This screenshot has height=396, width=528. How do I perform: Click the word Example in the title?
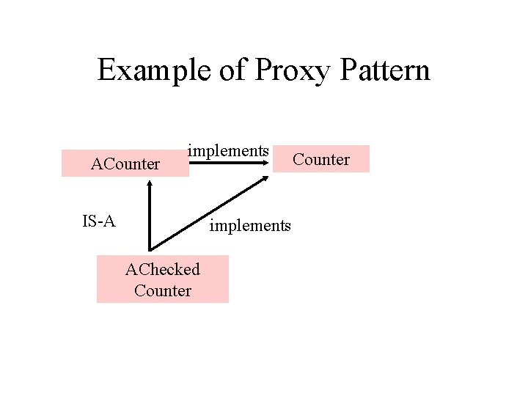point(151,71)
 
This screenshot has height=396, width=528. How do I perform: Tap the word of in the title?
point(230,71)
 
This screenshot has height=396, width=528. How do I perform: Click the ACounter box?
point(125,164)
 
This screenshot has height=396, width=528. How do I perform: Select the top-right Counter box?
point(321,159)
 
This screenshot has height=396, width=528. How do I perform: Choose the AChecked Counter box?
point(162,279)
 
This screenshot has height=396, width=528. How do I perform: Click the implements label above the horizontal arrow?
point(228,150)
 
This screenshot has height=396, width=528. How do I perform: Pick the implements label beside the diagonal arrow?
point(250,225)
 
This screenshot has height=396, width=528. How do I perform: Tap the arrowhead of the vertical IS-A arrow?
point(150,183)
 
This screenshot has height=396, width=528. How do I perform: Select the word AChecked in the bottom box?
point(162,269)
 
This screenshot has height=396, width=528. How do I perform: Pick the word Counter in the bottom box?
point(162,290)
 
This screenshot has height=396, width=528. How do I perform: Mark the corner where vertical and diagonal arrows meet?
point(150,250)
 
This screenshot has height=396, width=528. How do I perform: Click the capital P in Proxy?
point(263,71)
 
